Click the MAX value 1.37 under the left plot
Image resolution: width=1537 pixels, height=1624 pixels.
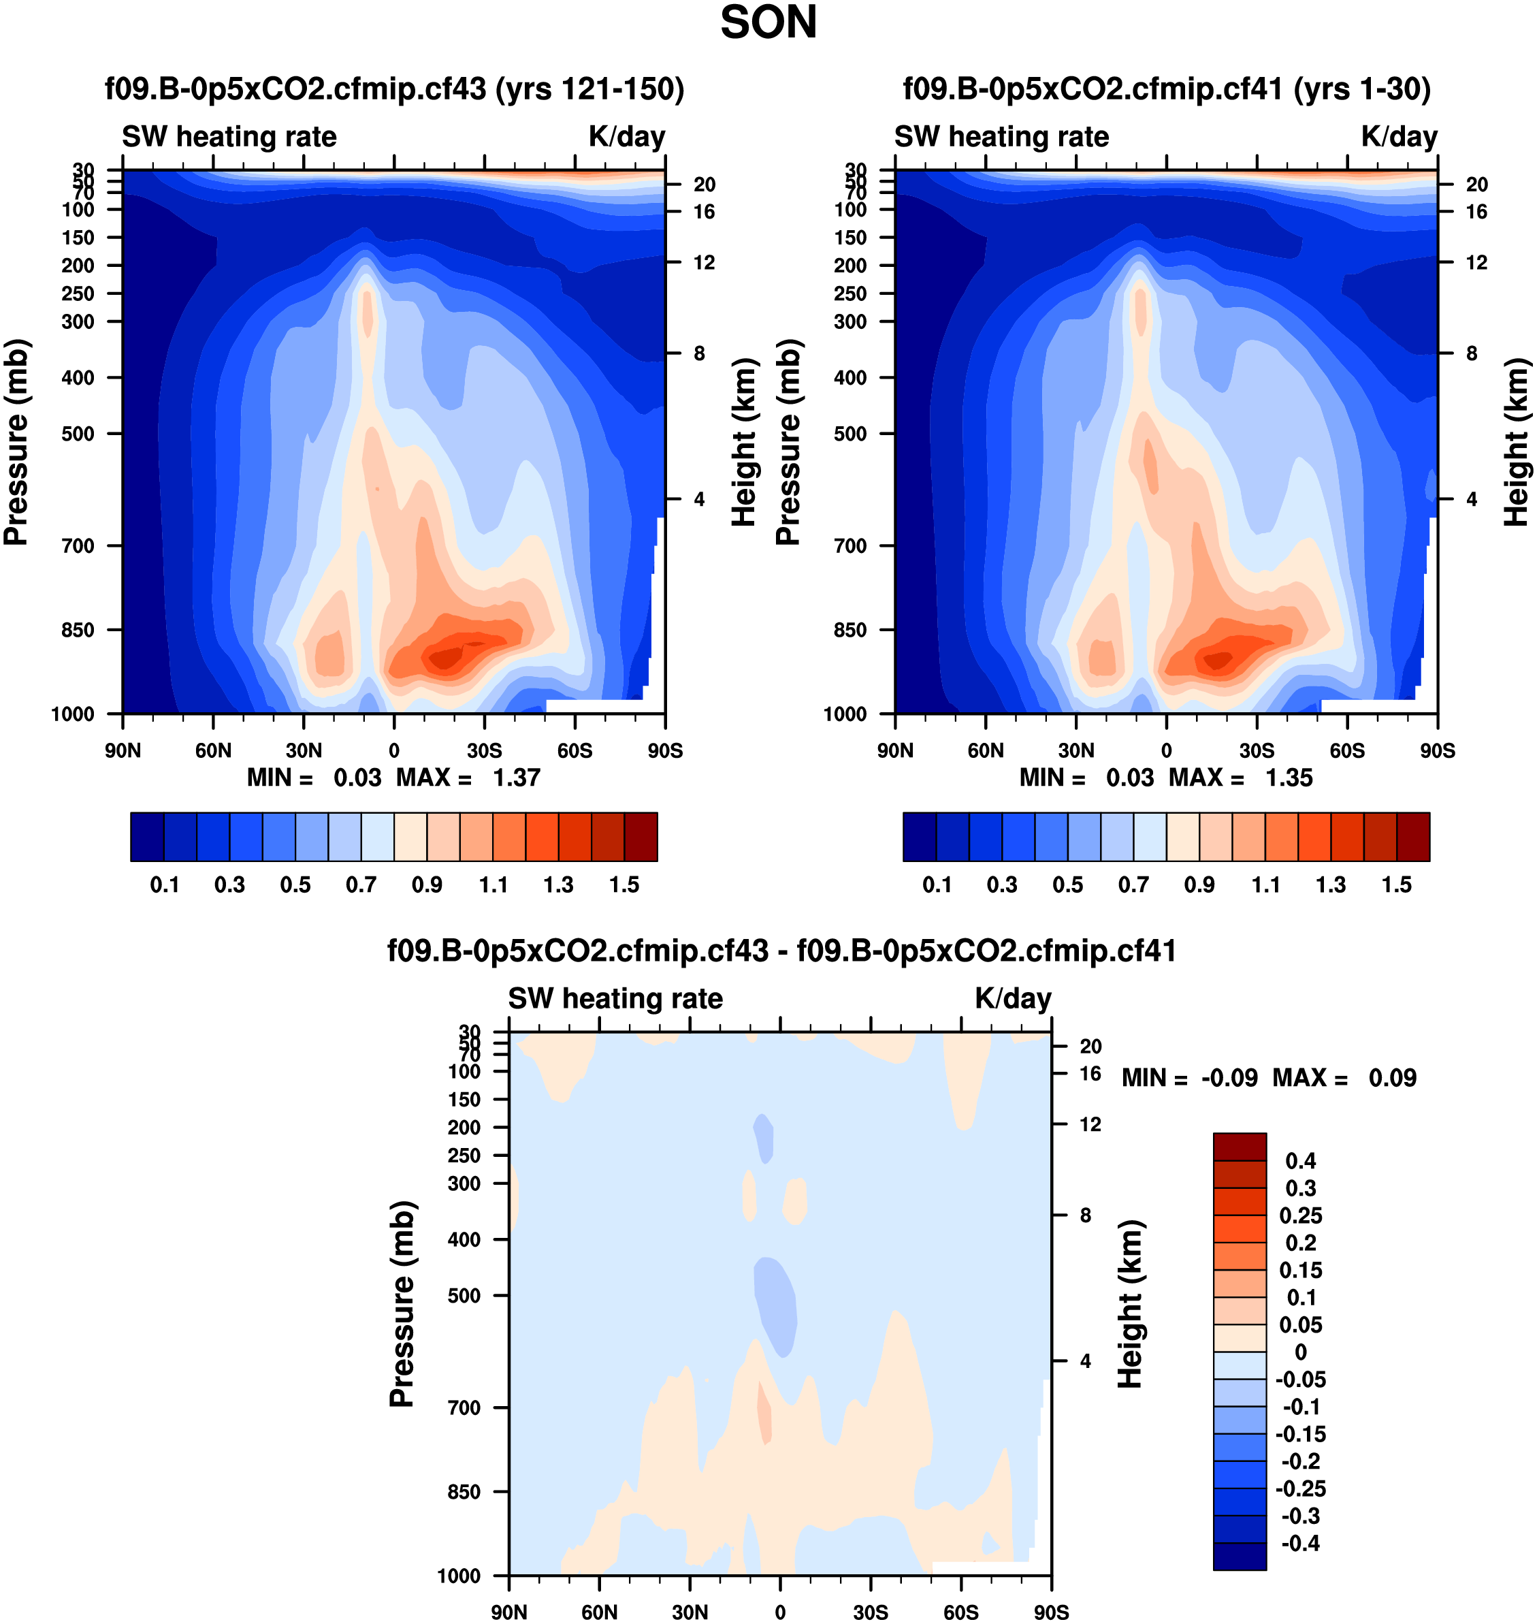(x=516, y=778)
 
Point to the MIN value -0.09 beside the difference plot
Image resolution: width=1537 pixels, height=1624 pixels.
(x=1229, y=1077)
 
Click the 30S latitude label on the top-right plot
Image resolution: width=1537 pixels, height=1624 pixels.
(x=1257, y=750)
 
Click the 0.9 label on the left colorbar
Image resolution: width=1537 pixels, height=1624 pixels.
(x=427, y=885)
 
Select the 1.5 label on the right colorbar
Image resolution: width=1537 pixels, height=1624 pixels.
(x=1396, y=885)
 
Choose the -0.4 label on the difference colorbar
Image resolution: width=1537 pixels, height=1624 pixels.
(x=1300, y=1544)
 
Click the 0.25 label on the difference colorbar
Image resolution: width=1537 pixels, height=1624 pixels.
(x=1301, y=1215)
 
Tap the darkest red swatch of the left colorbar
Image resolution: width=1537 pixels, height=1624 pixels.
(x=641, y=837)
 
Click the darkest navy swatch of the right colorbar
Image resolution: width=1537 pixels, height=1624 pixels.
(x=919, y=837)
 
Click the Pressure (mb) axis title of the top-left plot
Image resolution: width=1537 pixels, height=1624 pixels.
(x=16, y=442)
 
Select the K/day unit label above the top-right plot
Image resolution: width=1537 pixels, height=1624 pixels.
(x=1400, y=137)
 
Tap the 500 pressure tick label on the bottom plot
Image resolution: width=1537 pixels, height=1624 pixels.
(x=464, y=1295)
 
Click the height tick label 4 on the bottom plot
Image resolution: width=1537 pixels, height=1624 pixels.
(x=1086, y=1361)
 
